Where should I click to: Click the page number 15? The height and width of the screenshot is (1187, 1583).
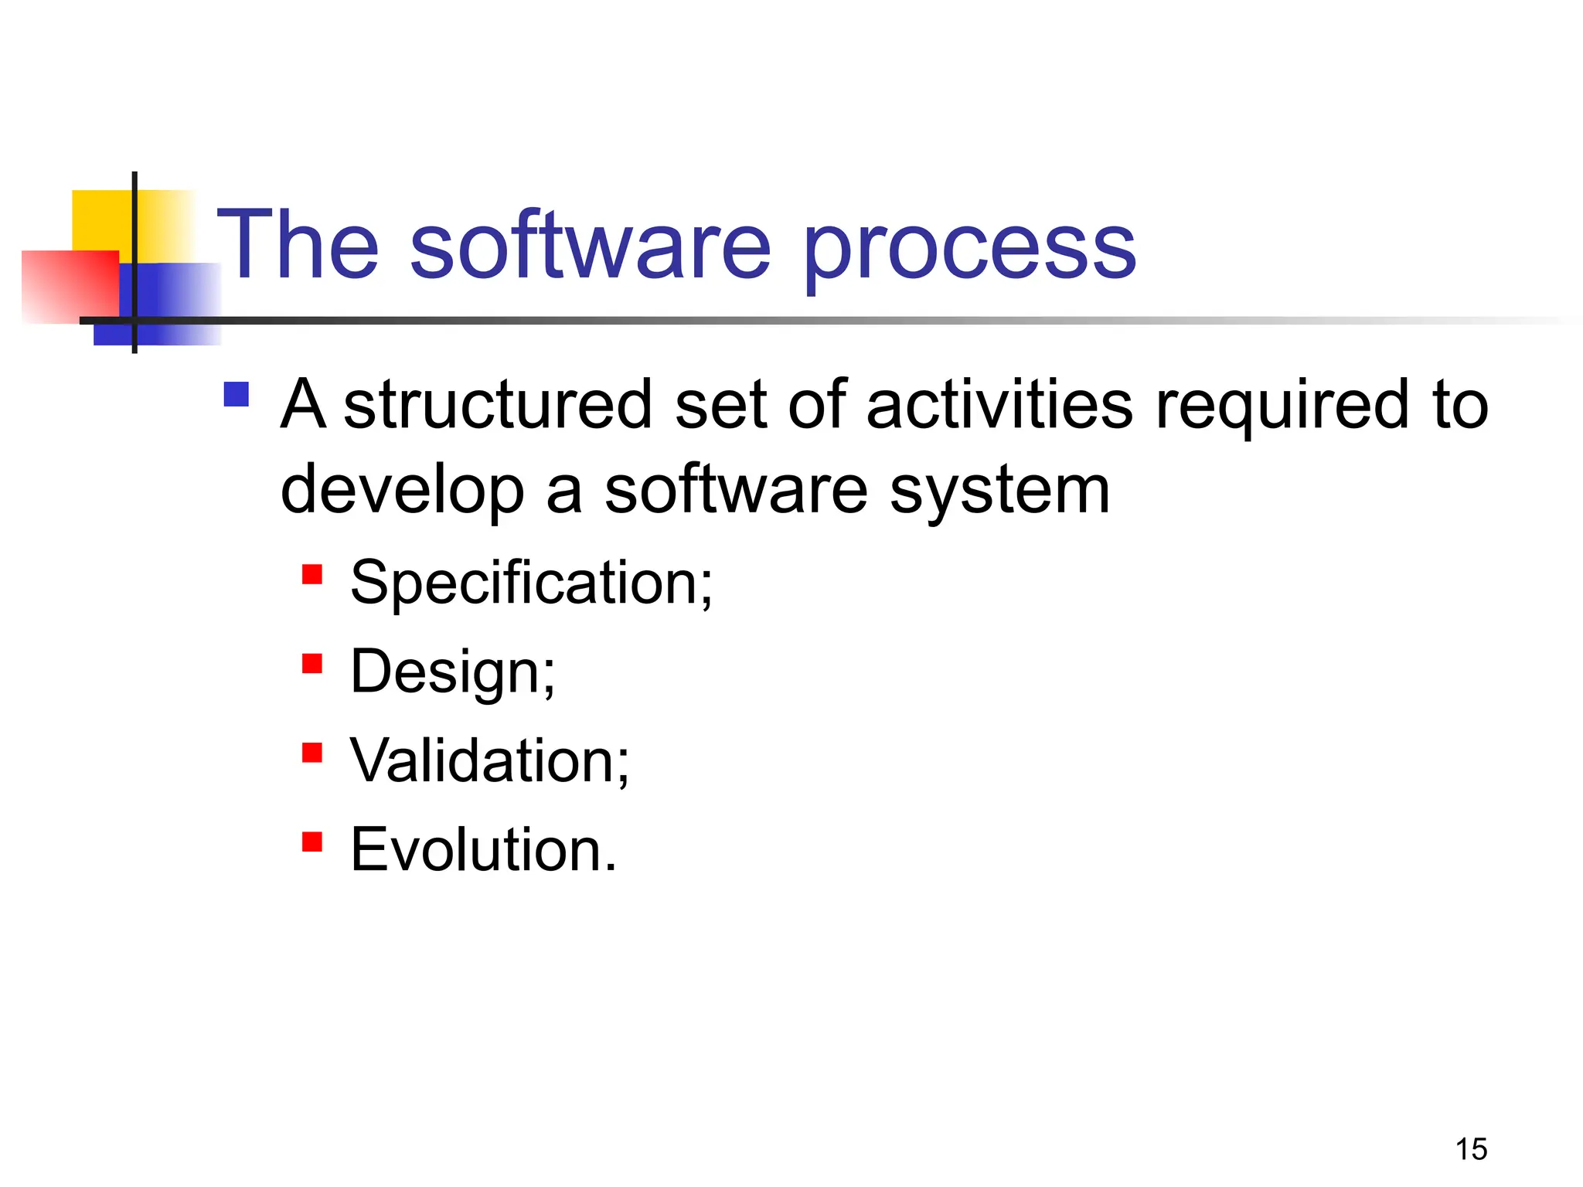[1471, 1149]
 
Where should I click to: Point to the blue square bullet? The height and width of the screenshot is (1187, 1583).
[236, 395]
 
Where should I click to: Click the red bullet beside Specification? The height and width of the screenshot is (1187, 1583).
[311, 574]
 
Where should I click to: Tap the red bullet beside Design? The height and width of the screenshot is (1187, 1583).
[311, 664]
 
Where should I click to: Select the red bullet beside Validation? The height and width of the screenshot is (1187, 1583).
[311, 753]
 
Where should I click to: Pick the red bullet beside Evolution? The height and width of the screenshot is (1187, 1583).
[311, 842]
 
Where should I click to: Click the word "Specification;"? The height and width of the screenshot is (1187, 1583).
[531, 583]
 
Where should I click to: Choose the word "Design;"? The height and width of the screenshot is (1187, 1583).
[452, 672]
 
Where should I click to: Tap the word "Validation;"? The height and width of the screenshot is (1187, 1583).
[489, 761]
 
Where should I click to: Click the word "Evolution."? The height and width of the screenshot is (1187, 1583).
[484, 850]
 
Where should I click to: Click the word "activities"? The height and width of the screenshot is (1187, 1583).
[999, 406]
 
